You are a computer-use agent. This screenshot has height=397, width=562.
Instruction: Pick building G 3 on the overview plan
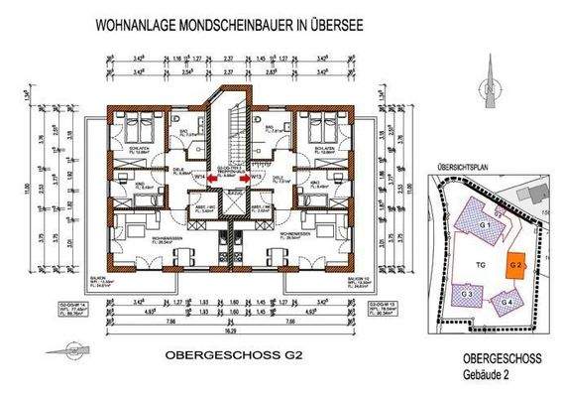[x=467, y=294]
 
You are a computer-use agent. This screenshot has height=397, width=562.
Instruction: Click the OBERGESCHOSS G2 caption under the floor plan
[x=228, y=353]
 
